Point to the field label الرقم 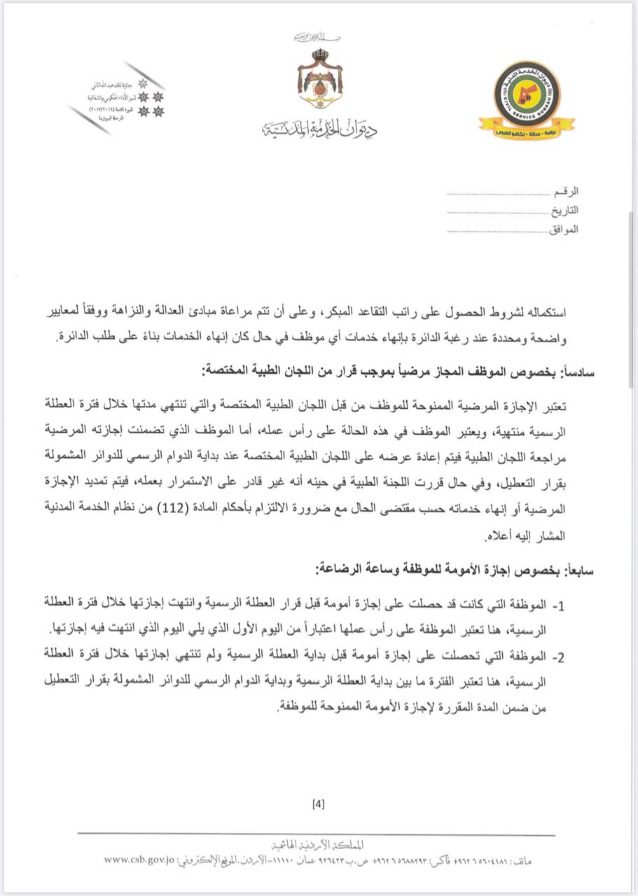[566, 191]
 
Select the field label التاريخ [564, 210]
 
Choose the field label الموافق [563, 229]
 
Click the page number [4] [319, 804]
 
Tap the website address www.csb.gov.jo [139, 859]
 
